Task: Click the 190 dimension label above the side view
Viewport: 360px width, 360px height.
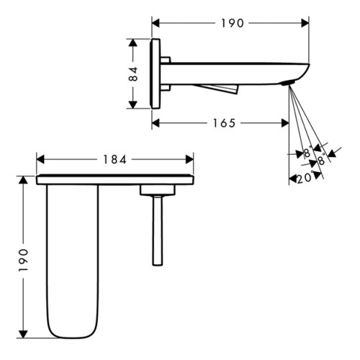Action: tap(232, 23)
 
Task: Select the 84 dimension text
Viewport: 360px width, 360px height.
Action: tap(132, 74)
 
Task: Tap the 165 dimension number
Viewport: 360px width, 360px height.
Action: tap(224, 123)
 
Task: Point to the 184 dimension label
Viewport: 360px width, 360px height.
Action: tap(114, 160)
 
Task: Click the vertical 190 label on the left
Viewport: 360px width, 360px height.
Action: tap(23, 260)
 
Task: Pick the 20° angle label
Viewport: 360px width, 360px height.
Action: tap(305, 179)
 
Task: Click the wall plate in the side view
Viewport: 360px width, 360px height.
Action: tap(155, 73)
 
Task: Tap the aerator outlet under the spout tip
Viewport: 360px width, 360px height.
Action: tap(287, 84)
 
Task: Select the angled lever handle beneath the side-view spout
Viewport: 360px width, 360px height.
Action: tap(217, 89)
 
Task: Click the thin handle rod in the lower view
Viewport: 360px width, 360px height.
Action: tap(158, 230)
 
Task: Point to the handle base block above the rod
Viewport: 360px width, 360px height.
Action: tap(158, 190)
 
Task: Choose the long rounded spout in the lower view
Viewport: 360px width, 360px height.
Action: tap(73, 261)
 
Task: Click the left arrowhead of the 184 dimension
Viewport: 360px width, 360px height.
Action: tap(40, 159)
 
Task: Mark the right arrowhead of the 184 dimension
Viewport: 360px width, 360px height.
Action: tap(189, 159)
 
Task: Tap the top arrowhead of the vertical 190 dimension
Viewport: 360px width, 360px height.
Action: tap(23, 180)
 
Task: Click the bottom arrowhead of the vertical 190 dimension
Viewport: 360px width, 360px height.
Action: tap(23, 334)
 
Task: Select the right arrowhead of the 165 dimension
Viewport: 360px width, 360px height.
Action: tap(285, 123)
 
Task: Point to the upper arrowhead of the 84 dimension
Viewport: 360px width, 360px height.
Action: tap(132, 42)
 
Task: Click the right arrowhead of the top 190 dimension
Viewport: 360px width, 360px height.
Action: tap(305, 23)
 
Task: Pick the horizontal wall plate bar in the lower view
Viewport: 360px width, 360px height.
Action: tap(115, 180)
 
